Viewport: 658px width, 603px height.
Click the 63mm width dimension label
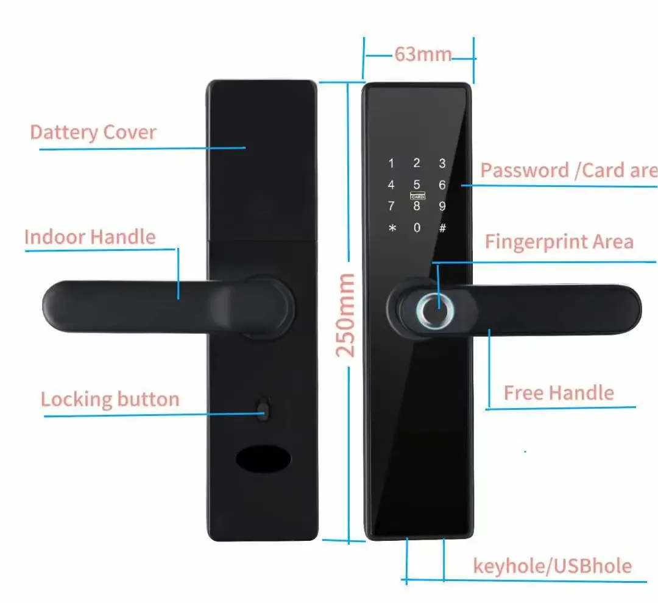coord(422,54)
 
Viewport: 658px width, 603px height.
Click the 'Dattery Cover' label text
coord(93,132)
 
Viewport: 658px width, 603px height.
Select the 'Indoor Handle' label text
coord(90,237)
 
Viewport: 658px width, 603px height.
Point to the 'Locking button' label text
coord(110,400)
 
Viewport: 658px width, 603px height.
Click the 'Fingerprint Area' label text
coord(559,242)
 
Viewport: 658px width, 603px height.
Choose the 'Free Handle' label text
coord(558,393)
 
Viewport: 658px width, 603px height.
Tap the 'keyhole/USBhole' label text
coord(552,566)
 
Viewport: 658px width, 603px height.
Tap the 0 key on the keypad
coord(417,228)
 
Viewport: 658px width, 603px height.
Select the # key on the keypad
coord(442,228)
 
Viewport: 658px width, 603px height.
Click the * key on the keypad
coord(392,228)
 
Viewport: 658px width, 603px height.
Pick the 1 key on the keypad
coord(391,163)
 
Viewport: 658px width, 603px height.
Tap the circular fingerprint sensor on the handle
coord(431,311)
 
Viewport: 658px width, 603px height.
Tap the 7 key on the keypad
coord(391,206)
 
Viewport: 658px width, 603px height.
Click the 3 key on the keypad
coord(442,163)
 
